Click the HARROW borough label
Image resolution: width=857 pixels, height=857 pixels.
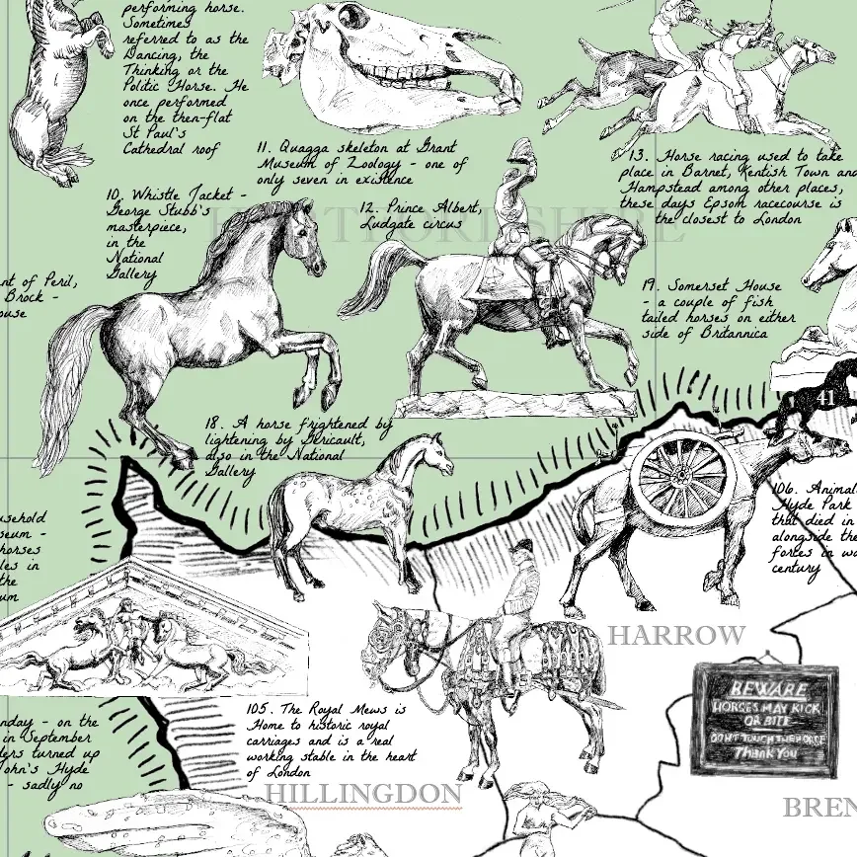(x=675, y=635)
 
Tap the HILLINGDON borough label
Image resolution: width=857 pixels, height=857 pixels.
(x=364, y=794)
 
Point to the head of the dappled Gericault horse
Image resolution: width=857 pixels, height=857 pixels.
(x=432, y=453)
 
